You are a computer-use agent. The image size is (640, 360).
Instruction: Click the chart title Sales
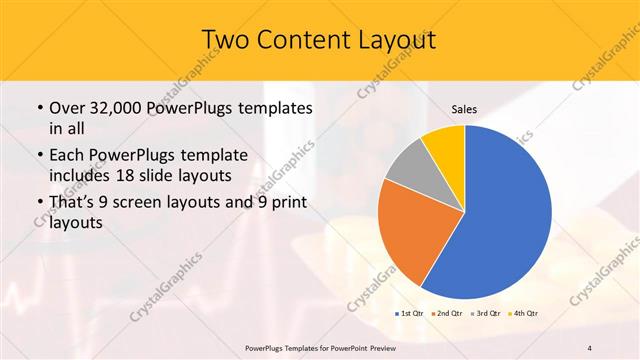(x=464, y=108)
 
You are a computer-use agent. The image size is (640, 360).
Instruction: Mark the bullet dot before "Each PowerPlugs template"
(x=40, y=156)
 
